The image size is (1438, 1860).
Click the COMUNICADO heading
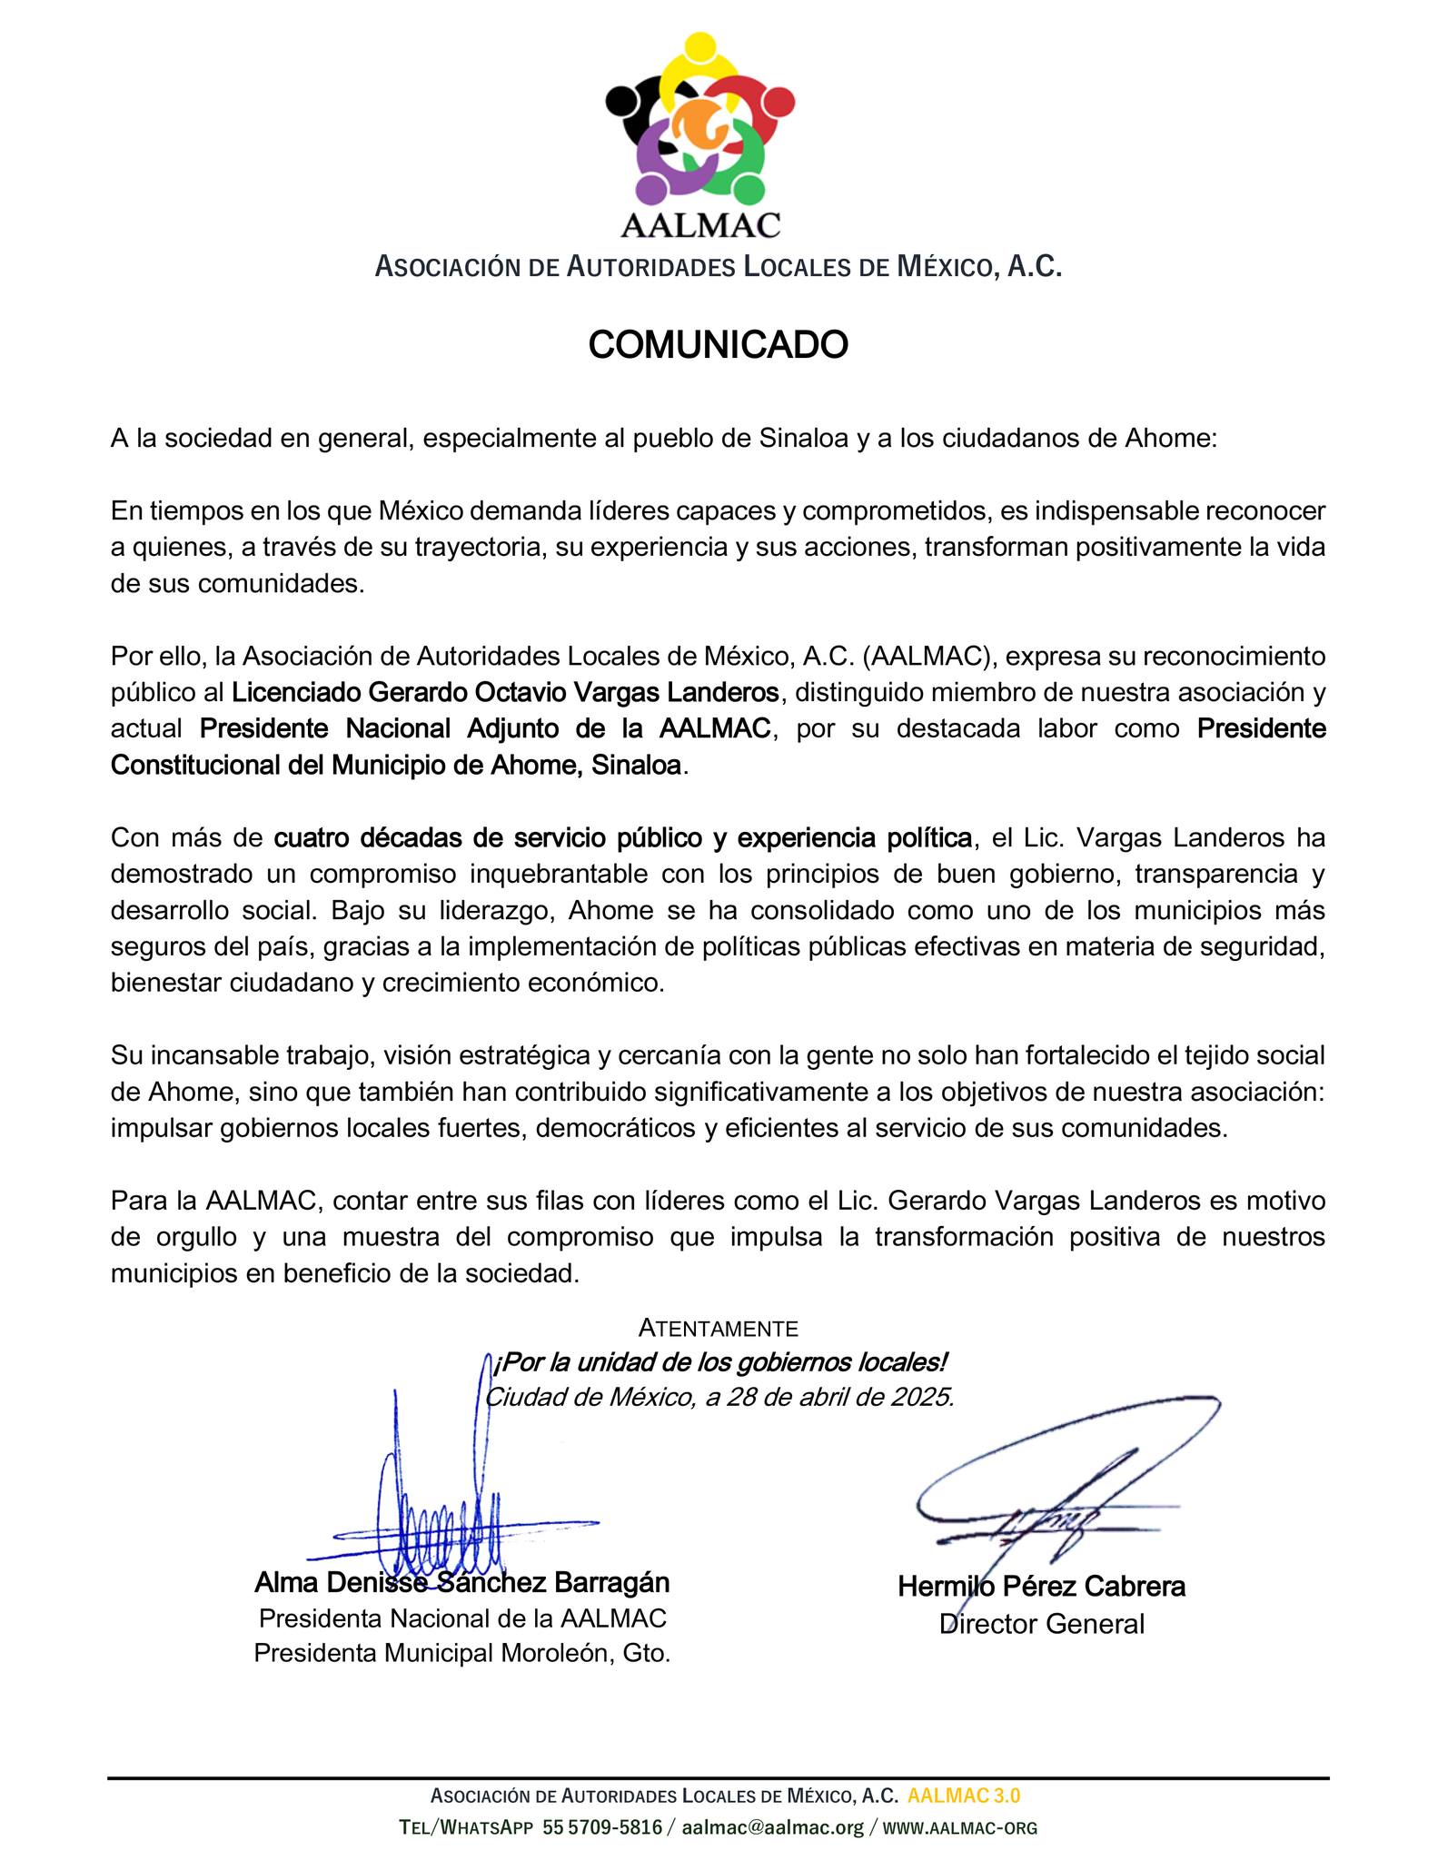[x=718, y=345]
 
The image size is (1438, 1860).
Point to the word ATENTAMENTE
[x=718, y=1328]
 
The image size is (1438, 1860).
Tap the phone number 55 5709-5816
[x=602, y=1827]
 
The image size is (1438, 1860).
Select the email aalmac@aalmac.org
[x=772, y=1827]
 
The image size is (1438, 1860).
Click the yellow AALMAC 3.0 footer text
[x=963, y=1796]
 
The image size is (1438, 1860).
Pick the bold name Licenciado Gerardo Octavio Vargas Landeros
[x=505, y=692]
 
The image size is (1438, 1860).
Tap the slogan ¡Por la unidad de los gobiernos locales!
[x=719, y=1362]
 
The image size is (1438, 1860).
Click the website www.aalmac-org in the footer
[x=960, y=1827]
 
